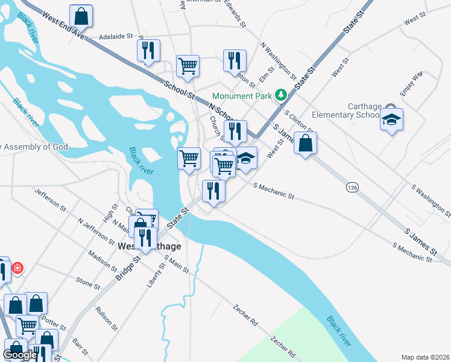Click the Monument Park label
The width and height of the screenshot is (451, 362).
click(x=242, y=95)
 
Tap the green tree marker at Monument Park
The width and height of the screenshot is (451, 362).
click(x=280, y=95)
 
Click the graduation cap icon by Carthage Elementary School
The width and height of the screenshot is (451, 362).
click(x=391, y=120)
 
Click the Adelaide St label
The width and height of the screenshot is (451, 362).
click(x=116, y=36)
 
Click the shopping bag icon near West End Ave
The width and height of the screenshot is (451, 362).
click(x=81, y=16)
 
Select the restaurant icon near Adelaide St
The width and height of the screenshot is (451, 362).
click(x=148, y=51)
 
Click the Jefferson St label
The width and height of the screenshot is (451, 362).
click(x=51, y=200)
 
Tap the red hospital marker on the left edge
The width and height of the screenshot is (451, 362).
click(x=17, y=267)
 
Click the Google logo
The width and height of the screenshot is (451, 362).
click(x=20, y=354)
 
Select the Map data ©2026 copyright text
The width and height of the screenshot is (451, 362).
click(x=425, y=357)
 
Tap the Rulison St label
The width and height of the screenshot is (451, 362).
click(x=107, y=319)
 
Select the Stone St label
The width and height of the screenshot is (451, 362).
click(x=87, y=283)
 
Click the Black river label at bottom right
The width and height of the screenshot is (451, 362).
click(x=338, y=331)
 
